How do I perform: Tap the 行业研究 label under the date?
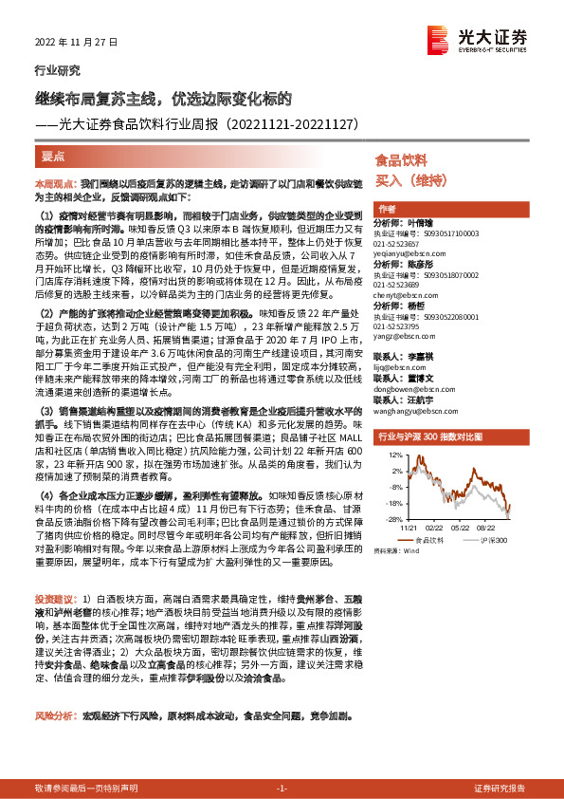click(x=58, y=70)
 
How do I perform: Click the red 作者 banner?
click(x=387, y=209)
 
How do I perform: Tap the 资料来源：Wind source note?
click(x=395, y=550)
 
